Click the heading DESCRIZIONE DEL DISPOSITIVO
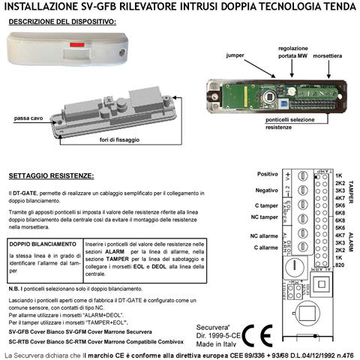62,22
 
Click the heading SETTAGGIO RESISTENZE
52,176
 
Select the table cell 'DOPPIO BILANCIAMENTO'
42,244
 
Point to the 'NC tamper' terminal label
264,217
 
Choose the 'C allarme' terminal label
265,247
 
